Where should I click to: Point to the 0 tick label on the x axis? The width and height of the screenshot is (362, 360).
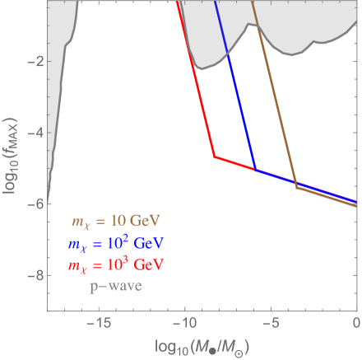(x=356, y=321)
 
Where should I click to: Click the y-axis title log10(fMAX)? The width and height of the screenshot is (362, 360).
(x=12, y=156)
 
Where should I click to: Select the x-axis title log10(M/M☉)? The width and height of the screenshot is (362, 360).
(x=202, y=344)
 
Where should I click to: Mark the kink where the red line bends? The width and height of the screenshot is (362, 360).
(x=214, y=157)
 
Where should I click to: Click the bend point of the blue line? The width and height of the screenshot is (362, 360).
(x=255, y=169)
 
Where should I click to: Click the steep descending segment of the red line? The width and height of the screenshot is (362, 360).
(x=196, y=82)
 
